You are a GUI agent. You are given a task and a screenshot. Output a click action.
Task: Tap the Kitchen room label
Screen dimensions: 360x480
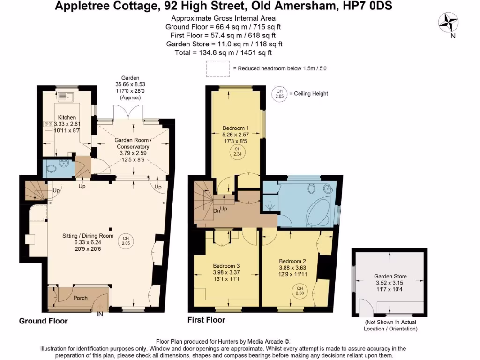[67, 117]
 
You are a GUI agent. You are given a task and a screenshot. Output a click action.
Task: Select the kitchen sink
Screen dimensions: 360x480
[67, 97]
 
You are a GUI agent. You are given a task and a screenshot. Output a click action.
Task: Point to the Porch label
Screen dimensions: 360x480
[80, 298]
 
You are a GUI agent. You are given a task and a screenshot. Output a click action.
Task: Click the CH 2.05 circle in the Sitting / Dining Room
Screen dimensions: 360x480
[125, 240]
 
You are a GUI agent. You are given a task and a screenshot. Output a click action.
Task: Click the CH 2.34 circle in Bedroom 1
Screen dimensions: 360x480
[237, 152]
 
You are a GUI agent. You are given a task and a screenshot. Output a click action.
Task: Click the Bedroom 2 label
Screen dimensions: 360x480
[292, 261]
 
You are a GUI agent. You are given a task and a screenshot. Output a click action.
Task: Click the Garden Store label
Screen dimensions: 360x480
[390, 277]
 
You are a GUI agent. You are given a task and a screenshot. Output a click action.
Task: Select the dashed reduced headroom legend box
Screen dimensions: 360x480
[218, 68]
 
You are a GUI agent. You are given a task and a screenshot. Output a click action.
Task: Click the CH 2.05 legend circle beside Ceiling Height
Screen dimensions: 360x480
[279, 93]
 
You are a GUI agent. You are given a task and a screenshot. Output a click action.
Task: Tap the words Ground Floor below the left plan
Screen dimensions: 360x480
[43, 321]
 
